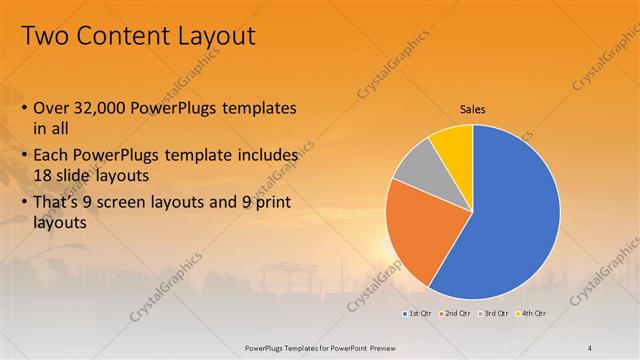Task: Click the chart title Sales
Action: pyautogui.click(x=473, y=109)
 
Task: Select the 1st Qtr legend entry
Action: pyautogui.click(x=418, y=314)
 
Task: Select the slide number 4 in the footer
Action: pyautogui.click(x=589, y=347)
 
